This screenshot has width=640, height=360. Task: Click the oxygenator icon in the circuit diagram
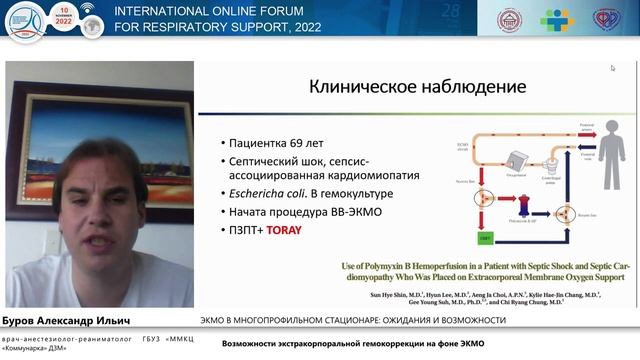(x=516, y=157)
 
